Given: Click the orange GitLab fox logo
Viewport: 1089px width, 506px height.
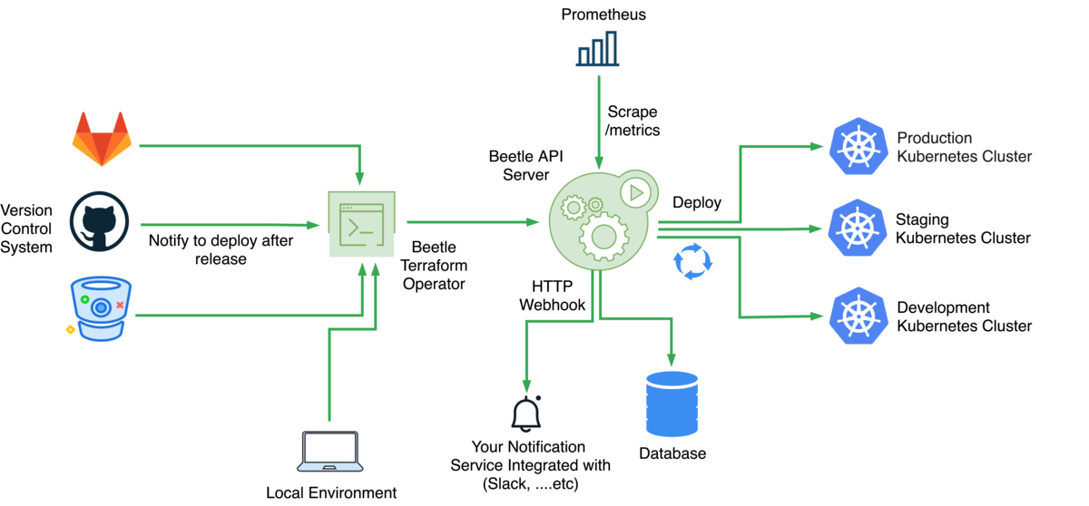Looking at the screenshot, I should point(102,139).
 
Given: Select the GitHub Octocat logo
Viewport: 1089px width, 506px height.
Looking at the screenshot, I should point(100,221).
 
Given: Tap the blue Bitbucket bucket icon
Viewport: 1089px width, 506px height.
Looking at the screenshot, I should point(101,308).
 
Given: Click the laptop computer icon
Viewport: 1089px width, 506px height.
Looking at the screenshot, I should point(330,451).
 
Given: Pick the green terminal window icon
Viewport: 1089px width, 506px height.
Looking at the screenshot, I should point(361,223).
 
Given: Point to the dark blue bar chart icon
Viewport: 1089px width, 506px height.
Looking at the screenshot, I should point(597,49).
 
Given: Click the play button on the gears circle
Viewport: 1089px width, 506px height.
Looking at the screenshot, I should point(637,192).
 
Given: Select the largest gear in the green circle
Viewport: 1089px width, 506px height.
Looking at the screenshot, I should point(603,238).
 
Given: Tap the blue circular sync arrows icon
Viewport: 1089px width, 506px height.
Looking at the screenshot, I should point(692,261).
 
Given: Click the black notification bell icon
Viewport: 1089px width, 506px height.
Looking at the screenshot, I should point(525,414).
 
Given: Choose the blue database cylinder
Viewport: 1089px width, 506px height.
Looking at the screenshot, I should point(672,404).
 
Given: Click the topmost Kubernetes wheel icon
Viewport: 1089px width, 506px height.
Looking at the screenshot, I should point(858,146).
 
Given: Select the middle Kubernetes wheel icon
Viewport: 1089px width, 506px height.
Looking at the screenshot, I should point(858,228).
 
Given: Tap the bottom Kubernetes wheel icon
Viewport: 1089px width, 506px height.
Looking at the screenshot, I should point(858,316).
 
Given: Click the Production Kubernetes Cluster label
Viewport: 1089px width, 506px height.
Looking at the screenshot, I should point(964,147).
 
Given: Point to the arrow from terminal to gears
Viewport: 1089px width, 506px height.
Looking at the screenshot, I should point(472,222).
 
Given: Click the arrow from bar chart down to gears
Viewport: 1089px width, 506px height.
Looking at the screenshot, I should point(598,118).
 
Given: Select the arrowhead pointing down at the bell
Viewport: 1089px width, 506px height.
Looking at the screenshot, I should point(526,386).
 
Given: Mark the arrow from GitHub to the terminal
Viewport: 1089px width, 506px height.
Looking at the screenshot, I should point(227,225).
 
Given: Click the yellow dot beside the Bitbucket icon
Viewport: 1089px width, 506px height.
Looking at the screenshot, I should point(70,329).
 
